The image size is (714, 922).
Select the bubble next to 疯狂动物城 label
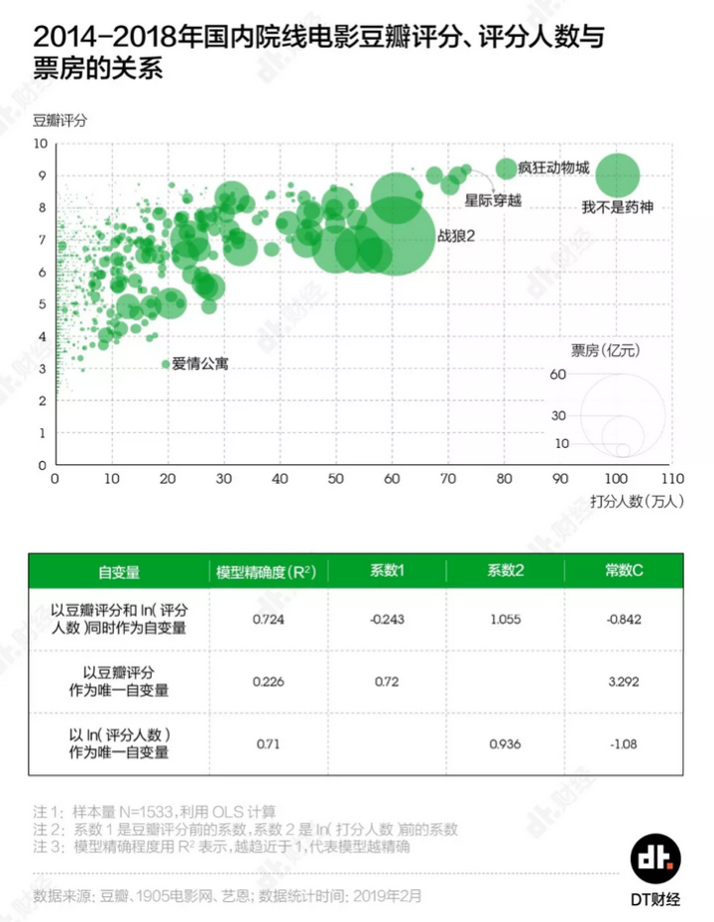coord(507,168)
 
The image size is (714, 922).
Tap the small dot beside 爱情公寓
coord(166,365)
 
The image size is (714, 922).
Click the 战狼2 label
coord(457,237)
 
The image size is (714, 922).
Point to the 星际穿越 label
coord(493,199)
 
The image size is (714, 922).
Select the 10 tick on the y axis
coord(42,144)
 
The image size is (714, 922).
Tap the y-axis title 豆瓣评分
coord(59,121)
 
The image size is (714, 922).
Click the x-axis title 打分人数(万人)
coord(637,501)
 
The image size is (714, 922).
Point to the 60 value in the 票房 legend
coord(558,375)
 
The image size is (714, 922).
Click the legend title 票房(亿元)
coord(606,350)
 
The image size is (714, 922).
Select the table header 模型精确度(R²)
coord(266,572)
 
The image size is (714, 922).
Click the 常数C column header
coord(625,572)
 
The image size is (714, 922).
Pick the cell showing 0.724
coord(268,620)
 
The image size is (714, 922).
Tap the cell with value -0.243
coord(388,620)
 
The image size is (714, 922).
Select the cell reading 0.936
coord(506,744)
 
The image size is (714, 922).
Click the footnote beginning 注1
coord(155,811)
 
